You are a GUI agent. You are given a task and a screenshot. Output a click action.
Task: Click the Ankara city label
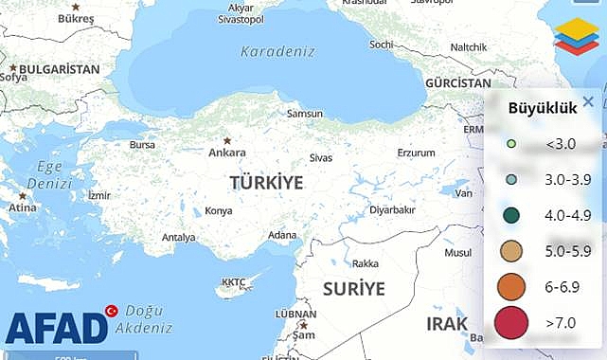[x=227, y=153]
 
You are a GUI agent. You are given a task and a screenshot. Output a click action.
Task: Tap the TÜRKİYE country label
[x=266, y=183]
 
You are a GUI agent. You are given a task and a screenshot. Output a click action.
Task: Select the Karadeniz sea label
[x=277, y=51]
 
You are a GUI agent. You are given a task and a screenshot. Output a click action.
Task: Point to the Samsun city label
[x=305, y=114]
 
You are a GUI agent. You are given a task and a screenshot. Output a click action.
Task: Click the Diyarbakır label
[x=392, y=210]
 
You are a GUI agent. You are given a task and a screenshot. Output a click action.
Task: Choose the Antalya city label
[x=178, y=237]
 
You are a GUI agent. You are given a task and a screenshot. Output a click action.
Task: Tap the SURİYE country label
[x=353, y=288]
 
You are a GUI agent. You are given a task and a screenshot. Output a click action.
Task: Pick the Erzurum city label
[x=416, y=153]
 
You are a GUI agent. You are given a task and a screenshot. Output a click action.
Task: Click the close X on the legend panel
[x=588, y=102]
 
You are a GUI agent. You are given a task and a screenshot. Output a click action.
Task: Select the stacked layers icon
[x=576, y=37]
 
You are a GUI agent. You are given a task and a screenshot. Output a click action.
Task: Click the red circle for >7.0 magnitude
[x=511, y=323]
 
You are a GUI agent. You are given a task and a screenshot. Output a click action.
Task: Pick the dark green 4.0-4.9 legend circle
[x=511, y=216]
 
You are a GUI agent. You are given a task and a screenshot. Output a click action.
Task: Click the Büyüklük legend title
[x=543, y=108]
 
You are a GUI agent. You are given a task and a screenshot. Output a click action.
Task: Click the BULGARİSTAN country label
[x=59, y=69]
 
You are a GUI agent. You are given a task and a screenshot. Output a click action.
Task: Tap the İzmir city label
[x=98, y=195]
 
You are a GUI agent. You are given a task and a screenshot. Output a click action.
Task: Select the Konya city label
[x=218, y=210]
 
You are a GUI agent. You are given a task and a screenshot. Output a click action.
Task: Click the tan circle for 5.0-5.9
[x=511, y=251]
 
